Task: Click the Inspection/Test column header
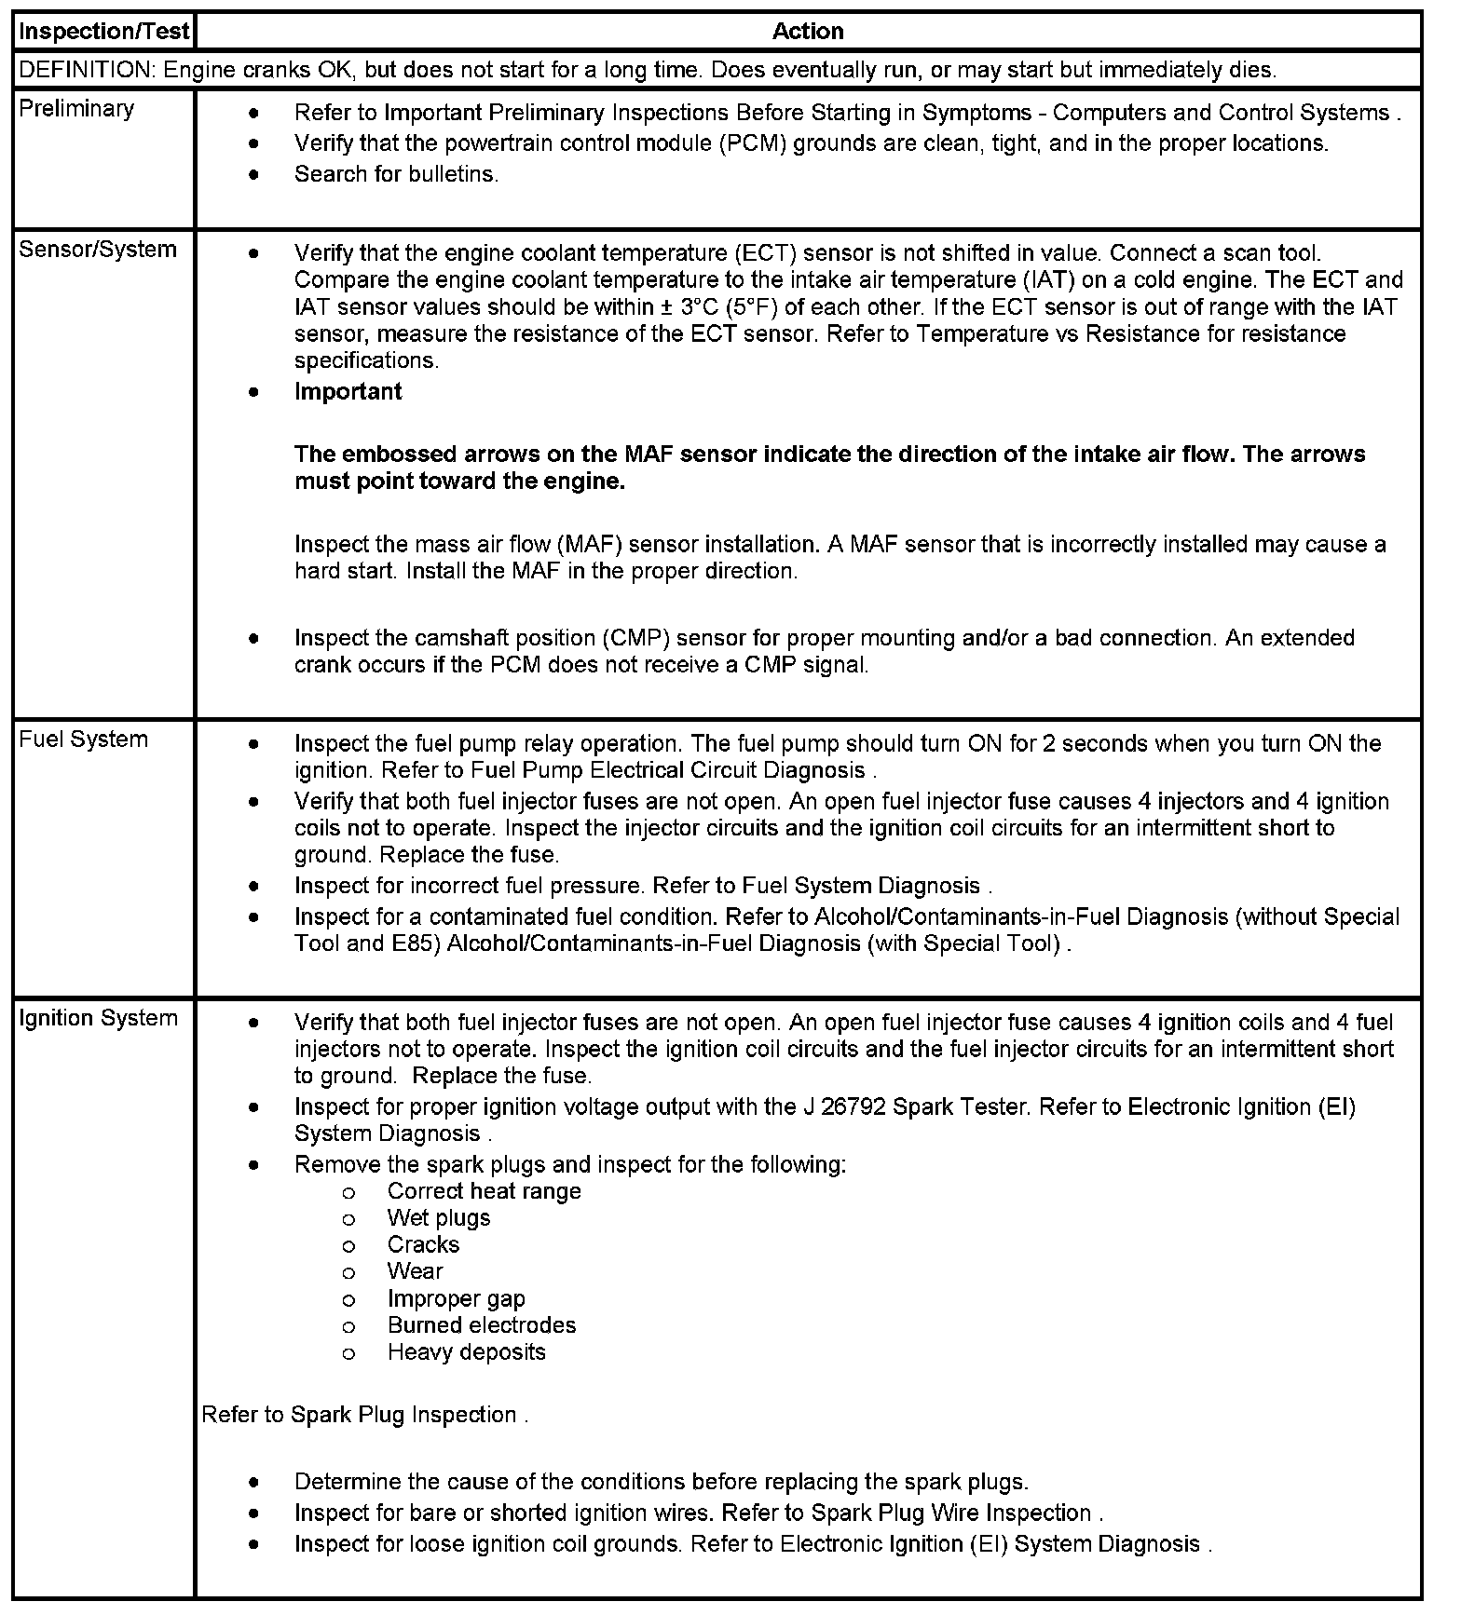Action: click(103, 32)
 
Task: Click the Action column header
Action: click(808, 32)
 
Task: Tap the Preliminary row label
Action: click(76, 109)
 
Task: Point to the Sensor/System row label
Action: click(98, 250)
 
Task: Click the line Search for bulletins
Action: click(396, 174)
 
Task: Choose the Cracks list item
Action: click(423, 1245)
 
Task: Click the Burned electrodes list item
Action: click(482, 1325)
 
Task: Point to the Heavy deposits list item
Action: click(466, 1352)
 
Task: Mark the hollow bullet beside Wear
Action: click(348, 1272)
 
